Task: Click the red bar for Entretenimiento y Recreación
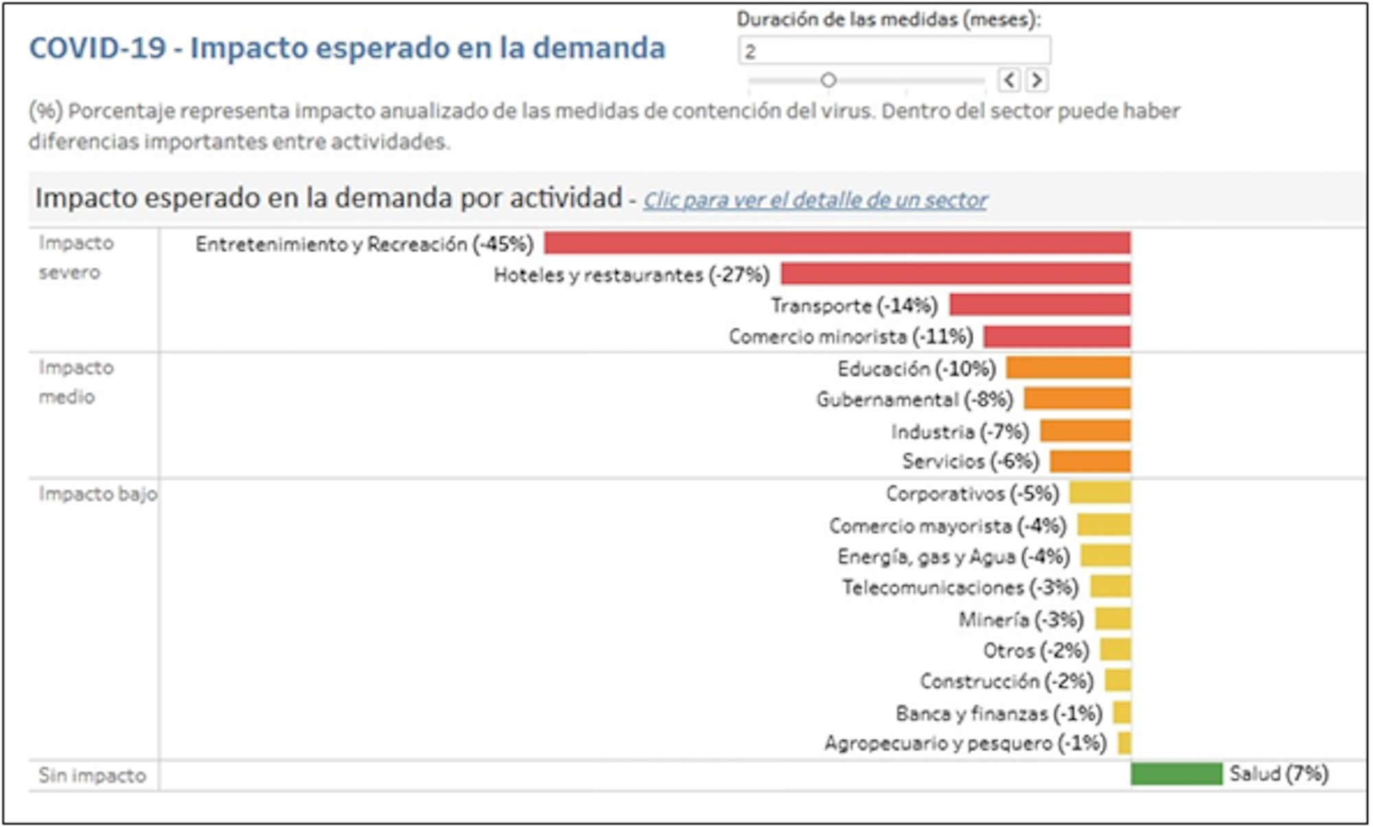pyautogui.click(x=837, y=243)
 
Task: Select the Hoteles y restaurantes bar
pyautogui.click(x=955, y=274)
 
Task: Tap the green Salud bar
pyautogui.click(x=1176, y=773)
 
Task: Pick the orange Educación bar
pyautogui.click(x=1068, y=368)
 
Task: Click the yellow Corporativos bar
pyautogui.click(x=1100, y=493)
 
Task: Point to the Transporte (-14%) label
pyautogui.click(x=854, y=305)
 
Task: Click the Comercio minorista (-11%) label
pyautogui.click(x=851, y=336)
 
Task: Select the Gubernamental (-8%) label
pyautogui.click(x=914, y=399)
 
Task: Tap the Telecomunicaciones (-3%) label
pyautogui.click(x=960, y=587)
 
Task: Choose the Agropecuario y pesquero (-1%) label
pyautogui.click(x=965, y=743)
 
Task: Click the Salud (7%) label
pyautogui.click(x=1278, y=774)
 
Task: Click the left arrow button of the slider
pyautogui.click(x=1008, y=80)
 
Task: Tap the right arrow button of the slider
pyautogui.click(x=1037, y=80)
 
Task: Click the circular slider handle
pyautogui.click(x=829, y=80)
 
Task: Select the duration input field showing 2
pyautogui.click(x=894, y=51)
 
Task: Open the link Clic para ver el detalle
pyautogui.click(x=815, y=200)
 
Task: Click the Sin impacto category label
pyautogui.click(x=92, y=776)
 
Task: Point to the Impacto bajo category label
pyautogui.click(x=97, y=494)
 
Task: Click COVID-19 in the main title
pyautogui.click(x=97, y=48)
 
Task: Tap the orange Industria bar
pyautogui.click(x=1085, y=431)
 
